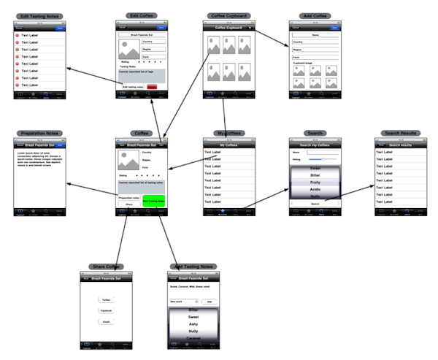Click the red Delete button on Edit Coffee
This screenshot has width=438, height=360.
click(x=152, y=87)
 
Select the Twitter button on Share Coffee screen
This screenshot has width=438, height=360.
click(x=106, y=300)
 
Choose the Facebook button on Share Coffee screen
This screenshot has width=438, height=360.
click(x=106, y=310)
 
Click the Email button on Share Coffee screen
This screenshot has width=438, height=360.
click(x=106, y=321)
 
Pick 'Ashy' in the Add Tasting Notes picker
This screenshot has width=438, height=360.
click(x=194, y=325)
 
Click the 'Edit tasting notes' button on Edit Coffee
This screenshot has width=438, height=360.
click(x=133, y=87)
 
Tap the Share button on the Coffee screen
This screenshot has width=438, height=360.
click(x=128, y=205)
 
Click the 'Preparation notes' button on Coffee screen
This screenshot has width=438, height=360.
click(x=129, y=198)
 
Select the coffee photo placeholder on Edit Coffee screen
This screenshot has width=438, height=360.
click(x=128, y=50)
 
